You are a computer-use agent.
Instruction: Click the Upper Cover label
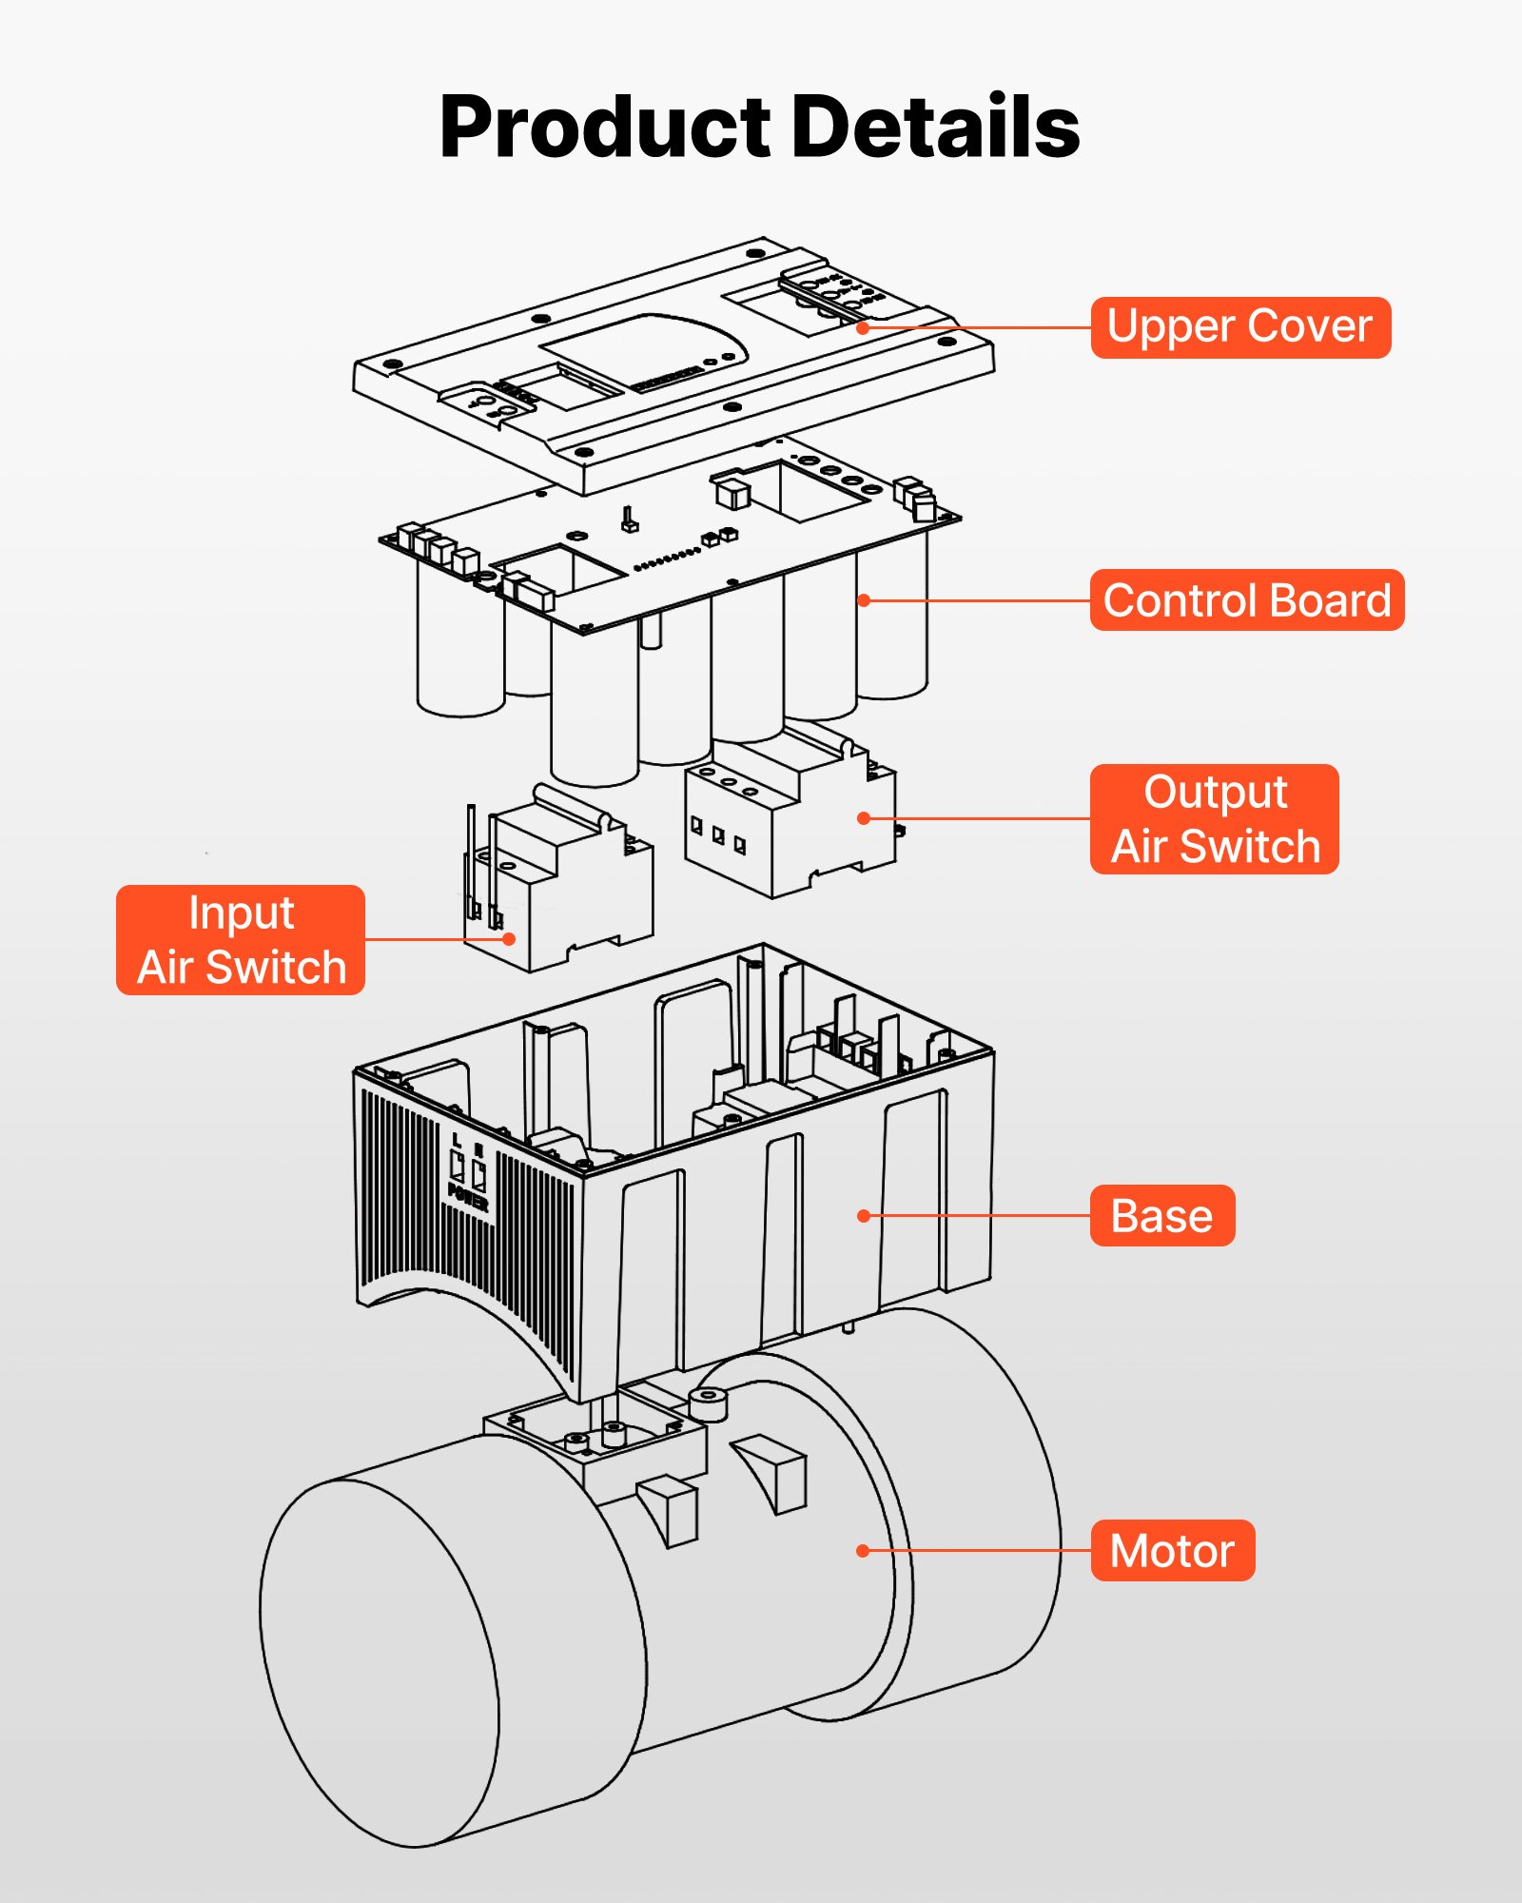tap(1239, 327)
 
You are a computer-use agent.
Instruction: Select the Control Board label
tap(1246, 600)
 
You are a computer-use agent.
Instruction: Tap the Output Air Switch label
tap(1215, 819)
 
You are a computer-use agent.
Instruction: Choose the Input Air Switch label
tap(241, 940)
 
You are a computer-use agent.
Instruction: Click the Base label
tap(1161, 1216)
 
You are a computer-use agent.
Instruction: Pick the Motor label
tap(1172, 1551)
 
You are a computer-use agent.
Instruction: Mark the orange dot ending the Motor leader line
tap(863, 1551)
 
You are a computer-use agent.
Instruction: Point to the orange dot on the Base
tap(863, 1216)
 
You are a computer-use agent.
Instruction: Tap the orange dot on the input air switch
tap(509, 939)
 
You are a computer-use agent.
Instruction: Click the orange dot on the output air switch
tap(863, 818)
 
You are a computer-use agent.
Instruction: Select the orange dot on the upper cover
tap(863, 327)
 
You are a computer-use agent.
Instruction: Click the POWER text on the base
tap(467, 1197)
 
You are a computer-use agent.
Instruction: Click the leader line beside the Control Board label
tap(980, 600)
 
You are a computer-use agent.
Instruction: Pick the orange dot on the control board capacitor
tap(863, 600)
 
